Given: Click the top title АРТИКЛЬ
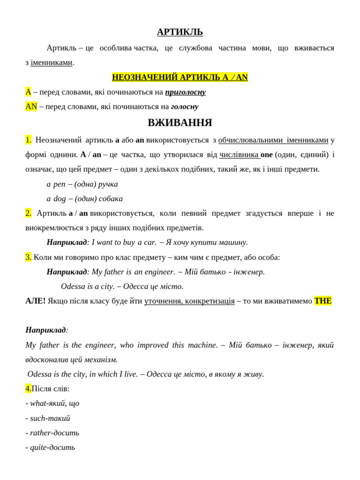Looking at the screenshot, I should (x=180, y=32).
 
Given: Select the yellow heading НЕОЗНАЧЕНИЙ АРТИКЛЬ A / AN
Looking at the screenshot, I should (x=180, y=77).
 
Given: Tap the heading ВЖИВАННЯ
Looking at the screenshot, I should (x=180, y=123).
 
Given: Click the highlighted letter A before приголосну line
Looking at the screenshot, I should (x=28, y=92).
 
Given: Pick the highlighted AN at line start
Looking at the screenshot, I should (x=31, y=106).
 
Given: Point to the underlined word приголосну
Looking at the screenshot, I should (x=185, y=92).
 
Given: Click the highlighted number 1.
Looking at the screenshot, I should (x=28, y=140).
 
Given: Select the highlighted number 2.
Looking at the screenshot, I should (x=28, y=213).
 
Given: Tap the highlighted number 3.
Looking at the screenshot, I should (x=28, y=257).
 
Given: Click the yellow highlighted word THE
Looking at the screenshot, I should (x=322, y=301).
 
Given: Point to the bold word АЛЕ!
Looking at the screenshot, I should (x=35, y=301).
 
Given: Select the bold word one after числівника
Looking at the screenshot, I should (x=267, y=155).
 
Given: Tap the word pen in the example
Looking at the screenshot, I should (x=59, y=184).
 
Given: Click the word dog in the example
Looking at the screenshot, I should (x=60, y=199).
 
